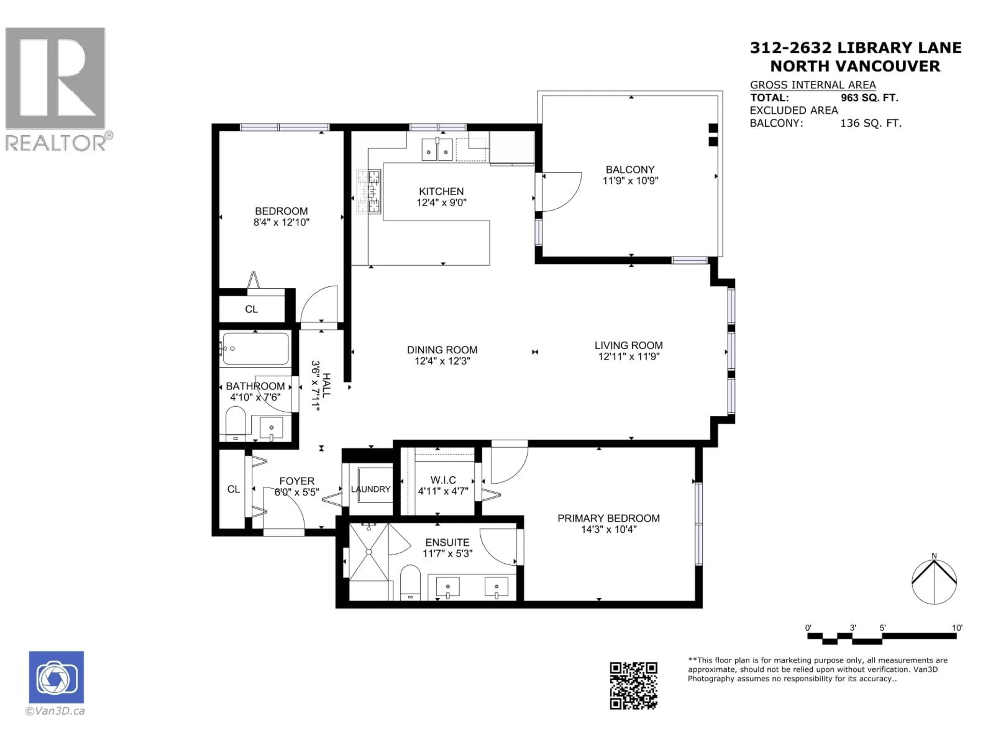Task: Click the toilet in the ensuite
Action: point(410,582)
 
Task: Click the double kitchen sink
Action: point(437,150)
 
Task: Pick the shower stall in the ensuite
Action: point(369,552)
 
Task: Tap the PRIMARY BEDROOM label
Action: point(609,518)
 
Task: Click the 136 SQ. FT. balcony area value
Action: point(871,123)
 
